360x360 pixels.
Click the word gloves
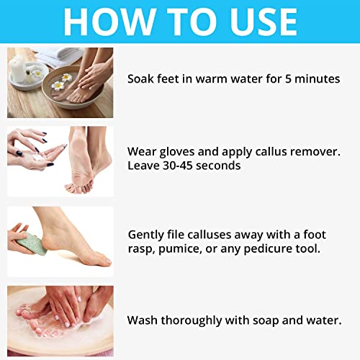[174, 151]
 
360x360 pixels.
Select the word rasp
[141, 249]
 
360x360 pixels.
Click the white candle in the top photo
[17, 68]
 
